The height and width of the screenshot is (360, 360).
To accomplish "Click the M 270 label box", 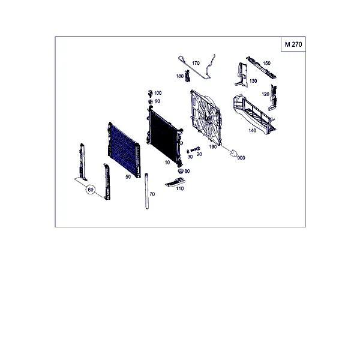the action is [x=293, y=44].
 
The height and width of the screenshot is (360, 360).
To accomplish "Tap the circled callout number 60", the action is [x=91, y=190].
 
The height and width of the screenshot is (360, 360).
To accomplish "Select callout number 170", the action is [x=196, y=63].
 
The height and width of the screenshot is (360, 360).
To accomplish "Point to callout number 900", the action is [x=241, y=158].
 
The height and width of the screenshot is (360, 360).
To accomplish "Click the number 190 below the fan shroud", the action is [x=212, y=147].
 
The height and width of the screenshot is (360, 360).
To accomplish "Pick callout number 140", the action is [x=253, y=130].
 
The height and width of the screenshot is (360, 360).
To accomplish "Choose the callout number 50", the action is [x=128, y=176].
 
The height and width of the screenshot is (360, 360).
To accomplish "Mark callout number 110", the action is [x=180, y=188].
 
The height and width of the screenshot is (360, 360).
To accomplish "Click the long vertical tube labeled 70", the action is [x=147, y=191].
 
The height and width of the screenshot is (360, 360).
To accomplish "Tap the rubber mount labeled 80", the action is [x=181, y=171].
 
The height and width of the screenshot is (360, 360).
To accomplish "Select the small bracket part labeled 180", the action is [x=187, y=76].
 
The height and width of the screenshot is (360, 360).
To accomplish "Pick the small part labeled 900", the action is [x=233, y=152].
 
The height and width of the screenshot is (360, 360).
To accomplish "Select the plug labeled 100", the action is [x=151, y=93].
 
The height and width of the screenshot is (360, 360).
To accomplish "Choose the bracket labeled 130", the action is [x=242, y=75].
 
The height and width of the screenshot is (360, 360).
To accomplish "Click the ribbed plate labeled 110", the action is [x=175, y=182].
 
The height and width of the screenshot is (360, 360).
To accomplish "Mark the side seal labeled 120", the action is [x=273, y=98].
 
